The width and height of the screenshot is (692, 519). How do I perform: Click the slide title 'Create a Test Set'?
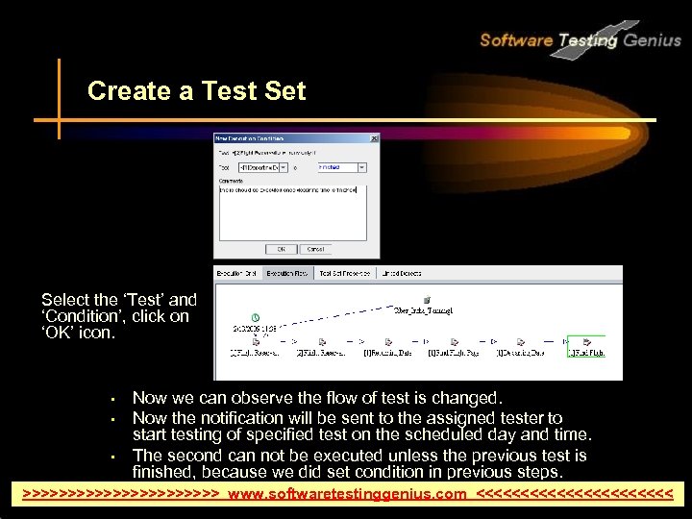pyautogui.click(x=196, y=91)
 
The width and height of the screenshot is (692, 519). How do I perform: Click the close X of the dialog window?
pyautogui.click(x=374, y=138)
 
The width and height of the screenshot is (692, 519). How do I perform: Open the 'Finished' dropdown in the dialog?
pyautogui.click(x=361, y=167)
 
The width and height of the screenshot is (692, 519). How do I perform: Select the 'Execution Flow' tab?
pyautogui.click(x=287, y=274)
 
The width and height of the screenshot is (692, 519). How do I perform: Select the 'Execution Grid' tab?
pyautogui.click(x=237, y=274)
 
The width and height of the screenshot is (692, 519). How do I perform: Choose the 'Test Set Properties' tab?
pyautogui.click(x=343, y=274)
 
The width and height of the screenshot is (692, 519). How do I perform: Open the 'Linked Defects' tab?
pyautogui.click(x=403, y=274)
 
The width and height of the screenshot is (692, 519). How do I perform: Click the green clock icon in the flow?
pyautogui.click(x=255, y=317)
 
